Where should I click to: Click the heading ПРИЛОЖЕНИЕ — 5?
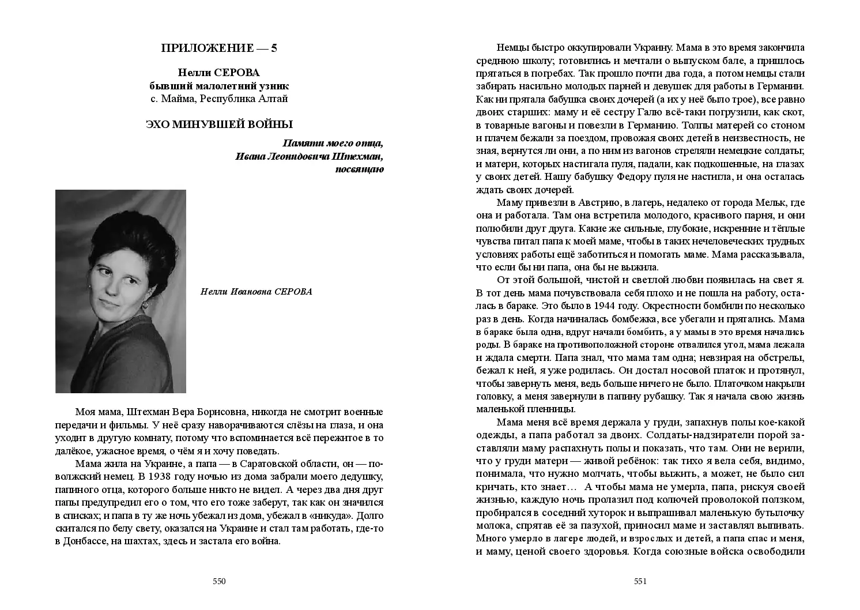(x=219, y=48)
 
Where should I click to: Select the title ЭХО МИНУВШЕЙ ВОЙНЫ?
(x=219, y=125)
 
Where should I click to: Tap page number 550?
(x=219, y=581)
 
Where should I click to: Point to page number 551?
(x=640, y=581)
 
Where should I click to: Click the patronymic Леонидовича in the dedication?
(x=297, y=156)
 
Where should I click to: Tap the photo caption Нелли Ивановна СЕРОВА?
(x=256, y=292)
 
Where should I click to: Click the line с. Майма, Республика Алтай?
(x=219, y=99)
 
